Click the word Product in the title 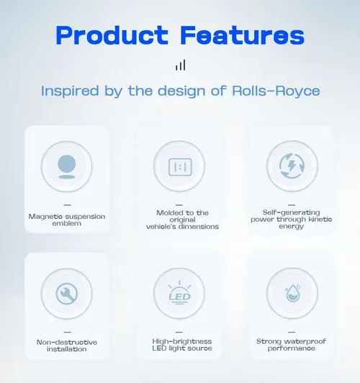tap(112, 35)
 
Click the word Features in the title tap(243, 35)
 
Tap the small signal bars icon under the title tap(181, 65)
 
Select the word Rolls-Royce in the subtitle tap(276, 91)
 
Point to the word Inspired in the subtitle tap(70, 91)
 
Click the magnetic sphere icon tap(67, 166)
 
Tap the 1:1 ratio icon tap(180, 167)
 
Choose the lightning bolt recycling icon tap(292, 166)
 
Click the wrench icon tap(67, 294)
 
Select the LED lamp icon tap(179, 293)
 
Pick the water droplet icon tap(292, 293)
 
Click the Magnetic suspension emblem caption tap(67, 220)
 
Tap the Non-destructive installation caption tap(67, 346)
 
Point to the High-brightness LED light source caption tap(182, 345)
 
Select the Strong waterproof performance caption tap(291, 345)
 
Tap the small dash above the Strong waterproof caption tap(292, 332)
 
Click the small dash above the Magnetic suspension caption tap(68, 205)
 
